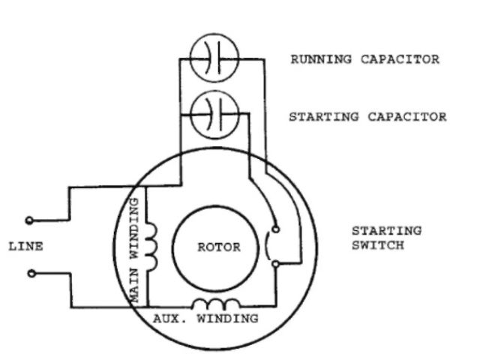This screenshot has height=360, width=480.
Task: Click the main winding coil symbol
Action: coord(152,248)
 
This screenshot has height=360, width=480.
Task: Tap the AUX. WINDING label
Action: coord(205,318)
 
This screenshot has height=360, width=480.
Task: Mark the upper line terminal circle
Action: coord(30,220)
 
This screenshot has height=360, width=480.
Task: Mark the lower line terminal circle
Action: coord(30,273)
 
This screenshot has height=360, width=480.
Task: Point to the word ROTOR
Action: coord(218,248)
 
